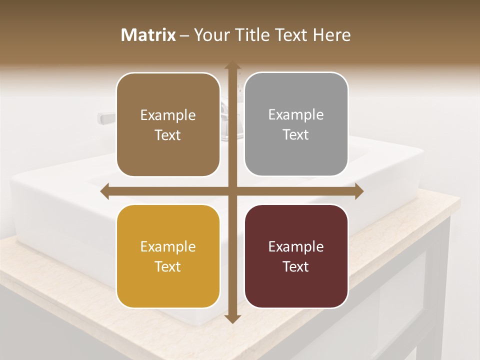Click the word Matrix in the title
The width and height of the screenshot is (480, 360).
pyautogui.click(x=148, y=35)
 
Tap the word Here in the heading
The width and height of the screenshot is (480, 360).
pyautogui.click(x=331, y=35)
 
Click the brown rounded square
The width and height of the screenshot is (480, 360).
pyautogui.click(x=168, y=100)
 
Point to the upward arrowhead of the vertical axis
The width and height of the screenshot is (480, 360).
pyautogui.click(x=232, y=66)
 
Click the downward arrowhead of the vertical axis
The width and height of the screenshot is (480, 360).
pyautogui.click(x=232, y=318)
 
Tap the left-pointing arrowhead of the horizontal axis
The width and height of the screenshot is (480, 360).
pyautogui.click(x=105, y=191)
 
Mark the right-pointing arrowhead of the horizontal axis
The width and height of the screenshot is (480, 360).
pyautogui.click(x=358, y=191)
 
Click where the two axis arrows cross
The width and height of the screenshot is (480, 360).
pyautogui.click(x=232, y=191)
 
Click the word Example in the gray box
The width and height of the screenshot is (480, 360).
pyautogui.click(x=296, y=115)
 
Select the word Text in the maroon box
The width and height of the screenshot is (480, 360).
pyautogui.click(x=296, y=266)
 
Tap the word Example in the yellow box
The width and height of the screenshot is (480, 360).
pyautogui.click(x=168, y=246)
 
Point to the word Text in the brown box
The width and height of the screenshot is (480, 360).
pyautogui.click(x=168, y=135)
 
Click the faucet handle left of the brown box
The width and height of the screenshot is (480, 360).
pyautogui.click(x=106, y=118)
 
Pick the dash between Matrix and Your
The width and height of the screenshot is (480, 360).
pyautogui.click(x=184, y=35)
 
